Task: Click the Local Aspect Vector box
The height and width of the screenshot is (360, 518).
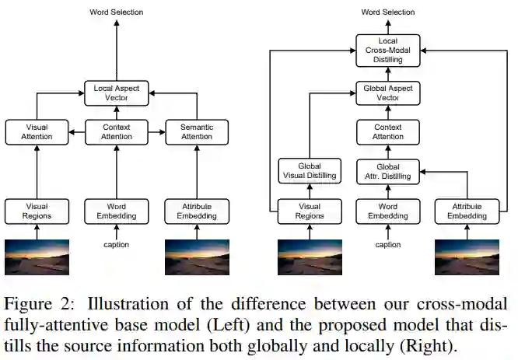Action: point(116,94)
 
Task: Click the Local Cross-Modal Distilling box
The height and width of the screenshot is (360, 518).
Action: point(388,49)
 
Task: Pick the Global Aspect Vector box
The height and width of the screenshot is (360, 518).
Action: point(388,94)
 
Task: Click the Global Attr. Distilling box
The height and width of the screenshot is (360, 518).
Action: point(388,171)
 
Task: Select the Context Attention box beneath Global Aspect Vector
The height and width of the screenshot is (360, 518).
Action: point(388,132)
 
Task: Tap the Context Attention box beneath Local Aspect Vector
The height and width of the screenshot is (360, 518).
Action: point(116,132)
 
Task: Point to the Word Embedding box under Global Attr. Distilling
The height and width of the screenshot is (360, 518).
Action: point(388,211)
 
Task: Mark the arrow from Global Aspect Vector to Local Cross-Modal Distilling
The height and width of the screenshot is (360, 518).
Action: point(388,72)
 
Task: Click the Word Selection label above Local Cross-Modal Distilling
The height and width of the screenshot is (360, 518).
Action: point(388,12)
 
